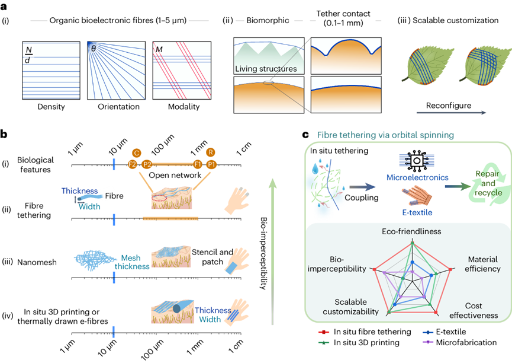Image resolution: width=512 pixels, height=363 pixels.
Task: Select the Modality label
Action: [182, 107]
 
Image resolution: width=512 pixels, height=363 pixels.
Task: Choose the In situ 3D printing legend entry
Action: [362, 343]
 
